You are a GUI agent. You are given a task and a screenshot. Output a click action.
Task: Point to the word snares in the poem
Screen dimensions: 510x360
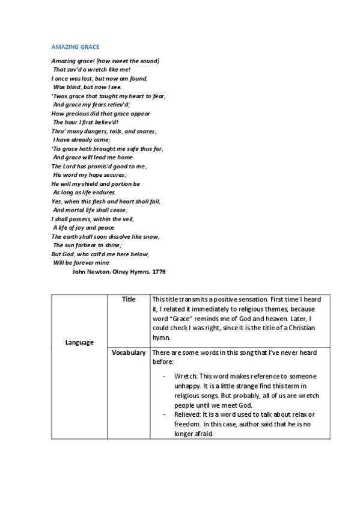tap(146, 131)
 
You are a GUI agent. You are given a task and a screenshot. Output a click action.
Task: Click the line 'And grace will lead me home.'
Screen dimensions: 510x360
tap(89, 157)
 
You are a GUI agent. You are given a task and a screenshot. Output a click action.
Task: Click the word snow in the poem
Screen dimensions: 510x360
tap(150, 236)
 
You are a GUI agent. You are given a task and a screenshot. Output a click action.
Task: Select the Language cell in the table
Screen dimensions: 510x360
tap(79, 342)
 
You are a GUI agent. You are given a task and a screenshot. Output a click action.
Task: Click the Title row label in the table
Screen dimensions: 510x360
tap(129, 299)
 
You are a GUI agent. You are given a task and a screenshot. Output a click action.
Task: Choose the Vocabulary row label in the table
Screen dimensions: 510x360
tap(129, 352)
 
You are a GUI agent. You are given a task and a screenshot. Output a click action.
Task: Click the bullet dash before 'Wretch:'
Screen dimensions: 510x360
tap(164, 376)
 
